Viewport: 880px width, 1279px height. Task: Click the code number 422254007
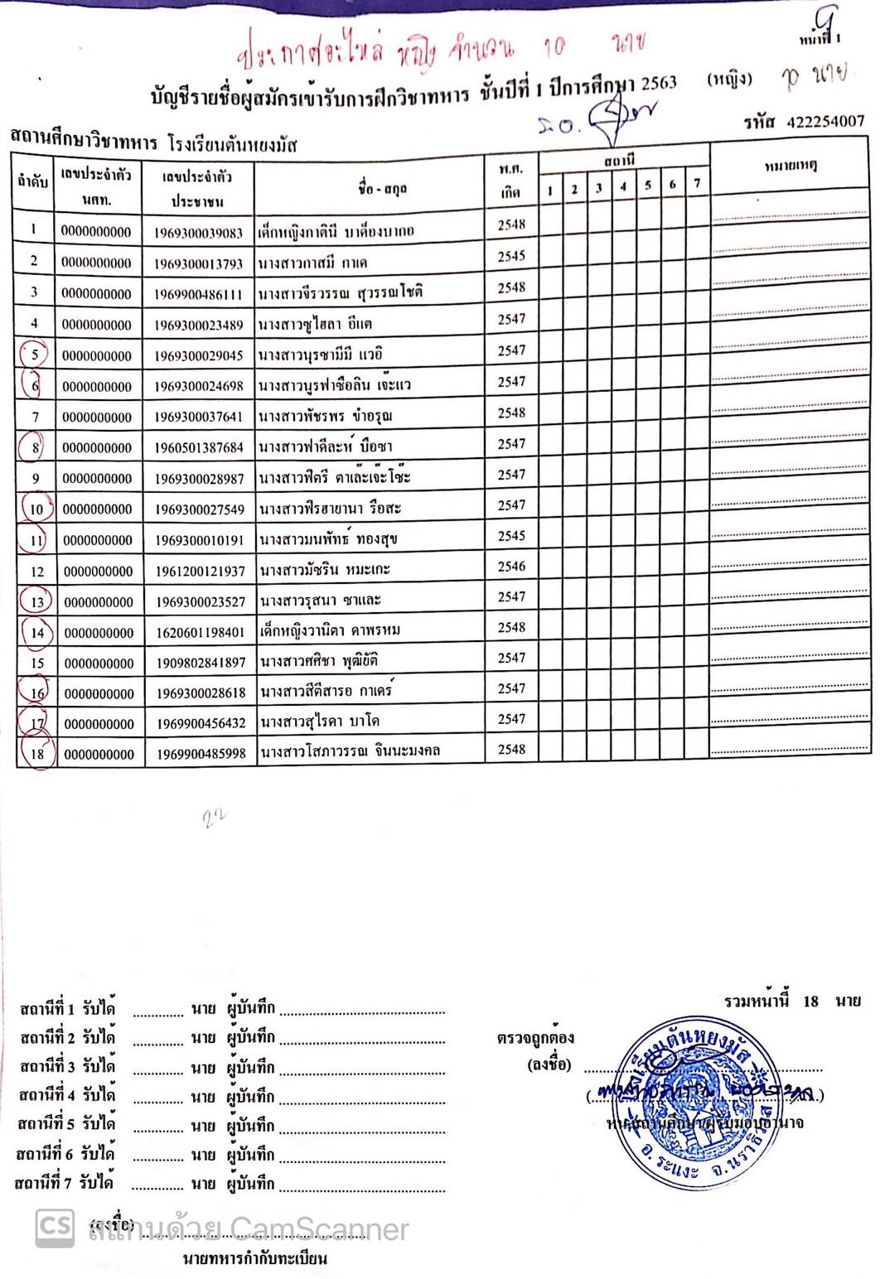(824, 123)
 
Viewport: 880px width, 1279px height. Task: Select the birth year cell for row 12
(511, 567)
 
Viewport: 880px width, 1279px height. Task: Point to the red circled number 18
(36, 754)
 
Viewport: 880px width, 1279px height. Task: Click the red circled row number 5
(34, 355)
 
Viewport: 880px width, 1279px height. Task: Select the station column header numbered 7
(697, 183)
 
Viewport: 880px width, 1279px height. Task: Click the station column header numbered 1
(550, 191)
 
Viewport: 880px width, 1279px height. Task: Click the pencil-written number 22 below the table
(214, 818)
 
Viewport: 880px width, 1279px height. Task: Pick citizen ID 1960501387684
(199, 448)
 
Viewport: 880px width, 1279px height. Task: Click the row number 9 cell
(35, 479)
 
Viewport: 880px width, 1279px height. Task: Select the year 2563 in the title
(658, 83)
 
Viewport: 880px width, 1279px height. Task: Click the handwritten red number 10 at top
(554, 47)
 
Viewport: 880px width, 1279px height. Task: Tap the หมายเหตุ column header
(790, 166)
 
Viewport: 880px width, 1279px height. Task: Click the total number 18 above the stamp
(810, 1001)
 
